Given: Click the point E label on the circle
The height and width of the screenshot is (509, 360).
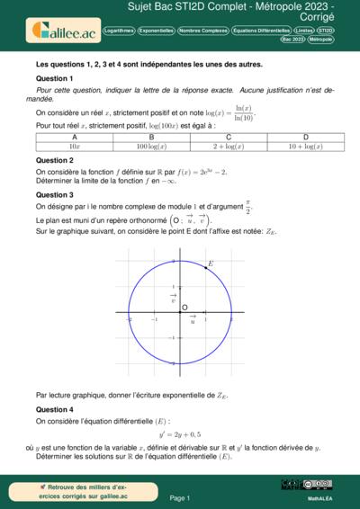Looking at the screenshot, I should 211,263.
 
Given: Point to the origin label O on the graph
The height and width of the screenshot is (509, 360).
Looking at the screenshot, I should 184,308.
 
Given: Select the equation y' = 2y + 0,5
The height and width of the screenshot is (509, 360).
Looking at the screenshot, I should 180,433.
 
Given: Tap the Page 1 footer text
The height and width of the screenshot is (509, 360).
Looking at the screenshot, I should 180,497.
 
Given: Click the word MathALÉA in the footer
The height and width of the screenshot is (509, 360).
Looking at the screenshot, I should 310,496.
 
